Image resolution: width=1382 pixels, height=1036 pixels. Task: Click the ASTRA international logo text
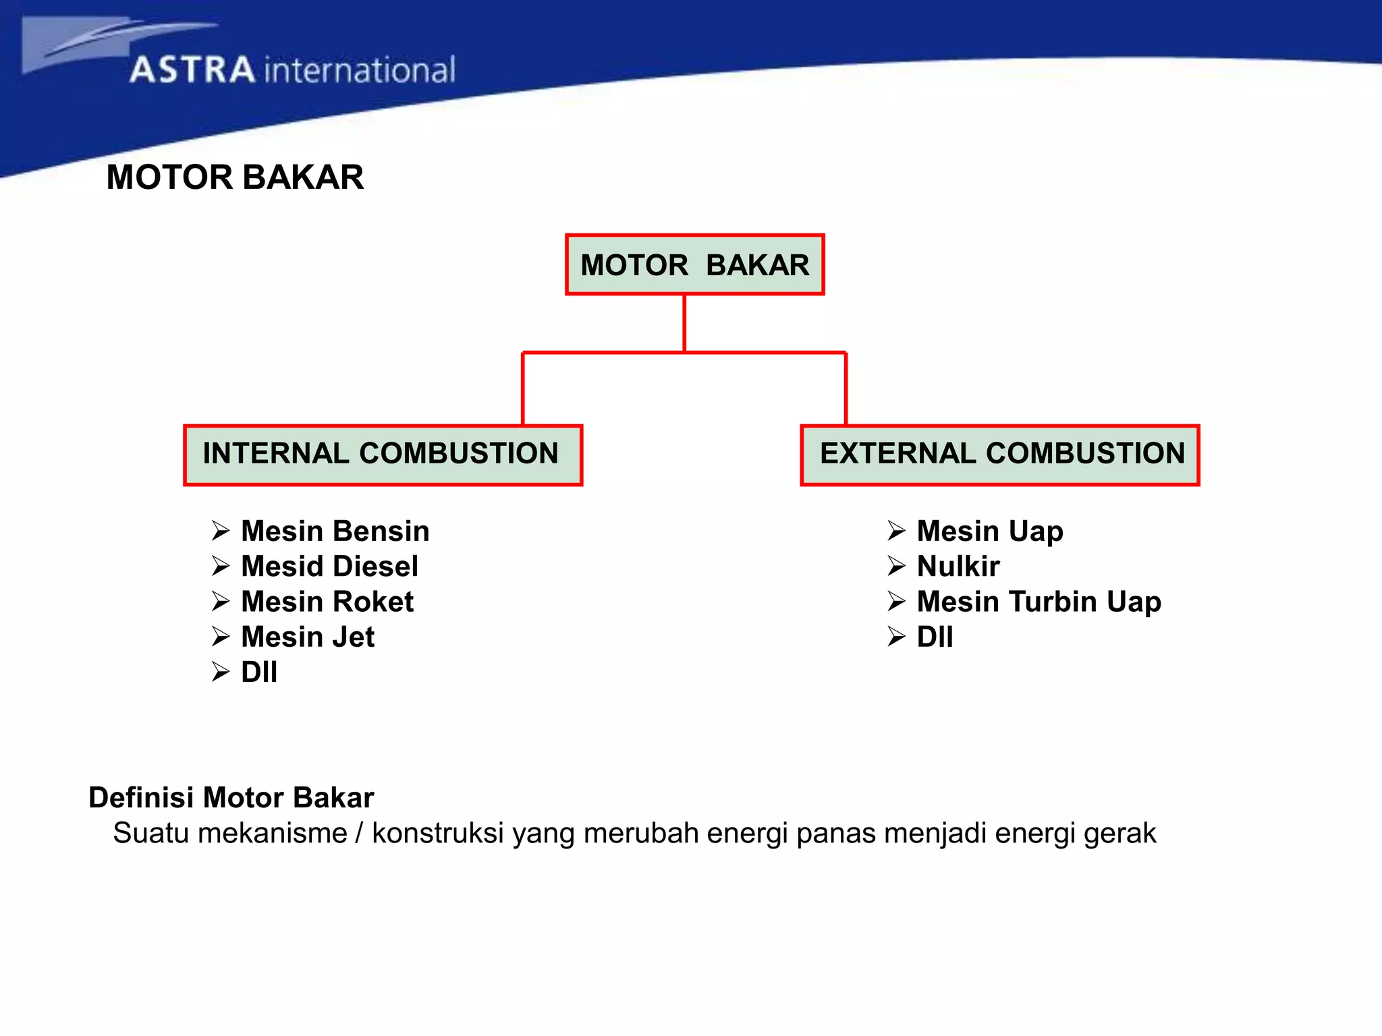[292, 70]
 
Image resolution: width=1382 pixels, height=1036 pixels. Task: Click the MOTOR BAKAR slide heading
[235, 177]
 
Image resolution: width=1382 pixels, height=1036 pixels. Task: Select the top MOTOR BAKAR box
[694, 265]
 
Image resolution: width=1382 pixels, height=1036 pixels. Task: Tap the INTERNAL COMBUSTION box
[383, 455]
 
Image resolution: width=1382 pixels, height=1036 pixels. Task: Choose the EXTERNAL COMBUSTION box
[1000, 455]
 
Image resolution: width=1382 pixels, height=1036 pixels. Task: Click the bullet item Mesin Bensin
[335, 531]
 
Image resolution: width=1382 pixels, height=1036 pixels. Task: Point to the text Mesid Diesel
[329, 567]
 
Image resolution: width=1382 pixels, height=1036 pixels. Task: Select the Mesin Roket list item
[327, 602]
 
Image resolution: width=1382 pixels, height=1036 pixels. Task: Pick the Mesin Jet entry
[308, 637]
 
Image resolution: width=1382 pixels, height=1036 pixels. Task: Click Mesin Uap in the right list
[990, 531]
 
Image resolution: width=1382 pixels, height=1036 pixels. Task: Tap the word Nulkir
[958, 567]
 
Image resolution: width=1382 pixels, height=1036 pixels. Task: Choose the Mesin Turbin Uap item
[1039, 602]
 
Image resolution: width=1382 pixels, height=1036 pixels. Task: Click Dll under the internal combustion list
[259, 672]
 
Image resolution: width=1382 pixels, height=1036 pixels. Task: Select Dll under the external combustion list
[935, 637]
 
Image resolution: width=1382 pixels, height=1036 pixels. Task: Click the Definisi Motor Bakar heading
[231, 798]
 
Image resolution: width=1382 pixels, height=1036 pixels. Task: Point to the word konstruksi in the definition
[437, 834]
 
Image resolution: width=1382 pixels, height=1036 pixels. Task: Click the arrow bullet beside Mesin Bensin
[221, 531]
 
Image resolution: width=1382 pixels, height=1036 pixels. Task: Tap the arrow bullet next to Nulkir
[896, 567]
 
